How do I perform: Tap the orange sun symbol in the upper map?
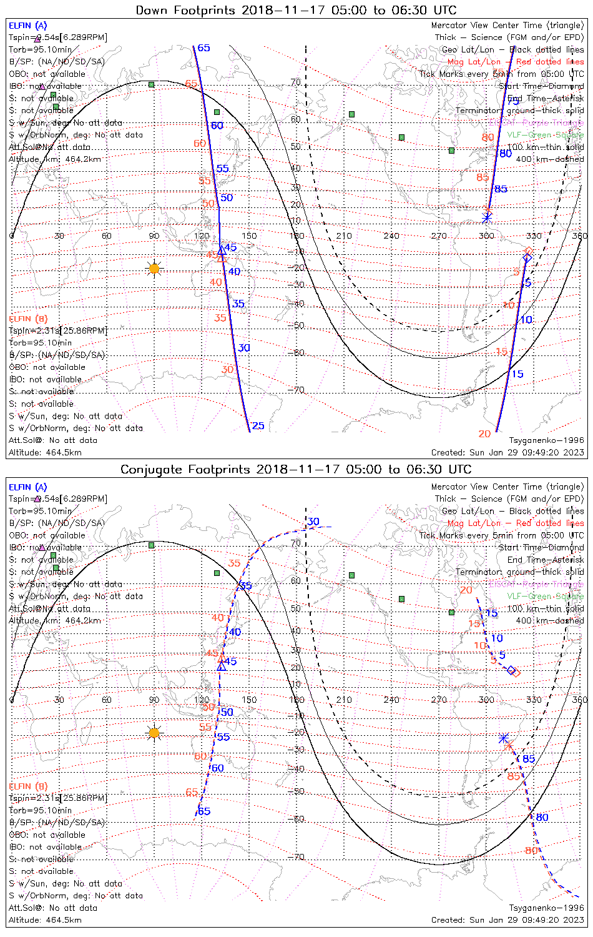click(154, 269)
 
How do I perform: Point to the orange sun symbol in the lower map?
click(154, 733)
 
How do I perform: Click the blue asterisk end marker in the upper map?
click(487, 217)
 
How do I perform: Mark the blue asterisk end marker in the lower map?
click(503, 738)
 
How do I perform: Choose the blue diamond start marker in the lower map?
click(511, 670)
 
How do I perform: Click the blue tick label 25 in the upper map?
click(258, 426)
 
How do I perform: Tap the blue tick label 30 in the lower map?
click(313, 522)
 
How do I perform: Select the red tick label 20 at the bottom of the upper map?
click(484, 434)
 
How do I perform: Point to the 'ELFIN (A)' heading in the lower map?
click(28, 487)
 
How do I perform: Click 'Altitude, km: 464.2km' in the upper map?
click(55, 159)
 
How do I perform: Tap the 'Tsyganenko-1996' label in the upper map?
click(546, 440)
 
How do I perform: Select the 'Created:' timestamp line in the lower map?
click(507, 920)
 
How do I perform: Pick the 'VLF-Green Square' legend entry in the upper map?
click(545, 135)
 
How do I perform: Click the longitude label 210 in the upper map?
click(344, 236)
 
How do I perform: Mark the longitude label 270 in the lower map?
click(439, 700)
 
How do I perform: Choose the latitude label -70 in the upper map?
click(297, 390)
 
